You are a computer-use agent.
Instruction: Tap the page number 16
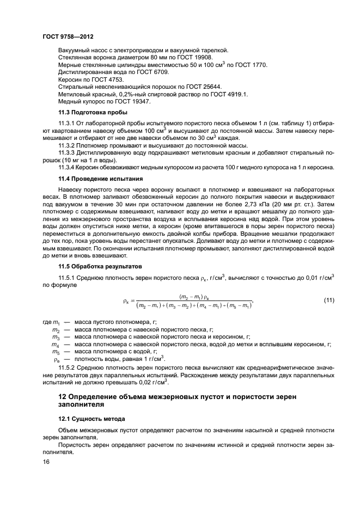point(46,462)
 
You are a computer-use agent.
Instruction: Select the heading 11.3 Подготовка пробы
point(93,113)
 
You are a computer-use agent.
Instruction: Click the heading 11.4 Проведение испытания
point(101,178)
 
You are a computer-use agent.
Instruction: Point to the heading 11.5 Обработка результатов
point(100,267)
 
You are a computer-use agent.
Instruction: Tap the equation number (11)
point(329,301)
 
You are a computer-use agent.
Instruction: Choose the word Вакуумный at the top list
point(73,49)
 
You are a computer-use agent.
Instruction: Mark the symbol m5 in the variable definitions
point(55,352)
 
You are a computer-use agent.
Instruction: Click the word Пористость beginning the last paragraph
point(75,445)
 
